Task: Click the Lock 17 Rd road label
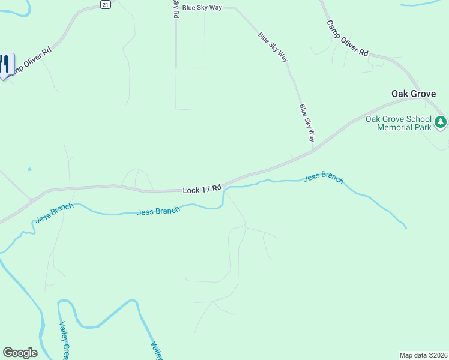pos(202,190)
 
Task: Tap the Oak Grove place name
pos(414,94)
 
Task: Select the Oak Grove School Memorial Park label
pos(399,123)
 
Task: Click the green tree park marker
pos(441,122)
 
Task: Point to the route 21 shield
pos(106,4)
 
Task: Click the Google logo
pos(20,353)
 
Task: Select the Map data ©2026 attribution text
pos(423,355)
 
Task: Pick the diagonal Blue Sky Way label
pos(273,47)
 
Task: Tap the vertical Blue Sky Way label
pos(307,122)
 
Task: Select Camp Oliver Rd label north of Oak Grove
pos(347,38)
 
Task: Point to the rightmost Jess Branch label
pos(324,178)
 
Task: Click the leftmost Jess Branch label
pos(54,213)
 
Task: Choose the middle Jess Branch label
pos(158,211)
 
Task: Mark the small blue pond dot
pos(29,170)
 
